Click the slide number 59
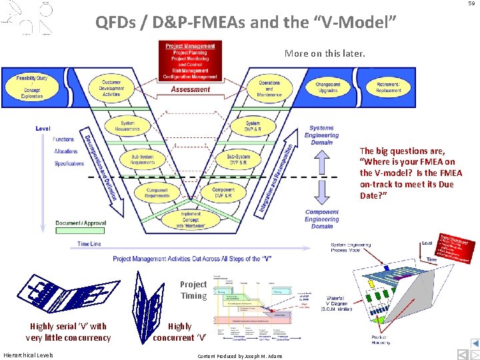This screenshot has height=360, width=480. (471, 4)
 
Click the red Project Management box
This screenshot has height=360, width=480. (191, 61)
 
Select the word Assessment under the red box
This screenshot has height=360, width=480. (191, 89)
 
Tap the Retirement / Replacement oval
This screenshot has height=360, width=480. (388, 87)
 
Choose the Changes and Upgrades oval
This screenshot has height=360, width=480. (327, 87)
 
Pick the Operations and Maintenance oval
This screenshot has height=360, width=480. (269, 88)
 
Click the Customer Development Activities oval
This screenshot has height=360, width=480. (111, 89)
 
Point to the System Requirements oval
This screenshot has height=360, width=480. (127, 126)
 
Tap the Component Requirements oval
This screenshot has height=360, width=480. (157, 193)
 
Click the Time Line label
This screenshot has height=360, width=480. (89, 244)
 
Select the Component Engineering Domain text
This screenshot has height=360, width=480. (321, 219)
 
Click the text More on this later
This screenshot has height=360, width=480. (325, 53)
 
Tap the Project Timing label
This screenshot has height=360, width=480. (193, 290)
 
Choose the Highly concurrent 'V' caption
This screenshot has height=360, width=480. (179, 332)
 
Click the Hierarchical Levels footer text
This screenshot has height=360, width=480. (28, 355)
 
